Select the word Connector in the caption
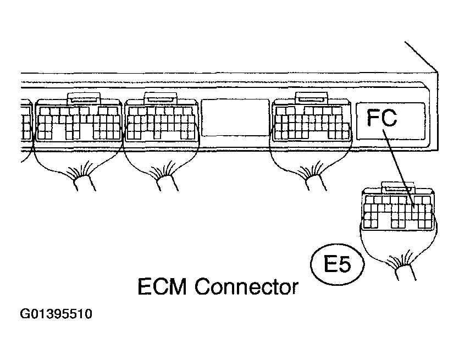point(247,288)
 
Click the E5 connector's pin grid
point(397,212)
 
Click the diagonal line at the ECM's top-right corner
point(422,56)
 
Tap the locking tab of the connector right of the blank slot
point(312,98)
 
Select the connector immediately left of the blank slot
point(160,122)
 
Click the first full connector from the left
point(79,122)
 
